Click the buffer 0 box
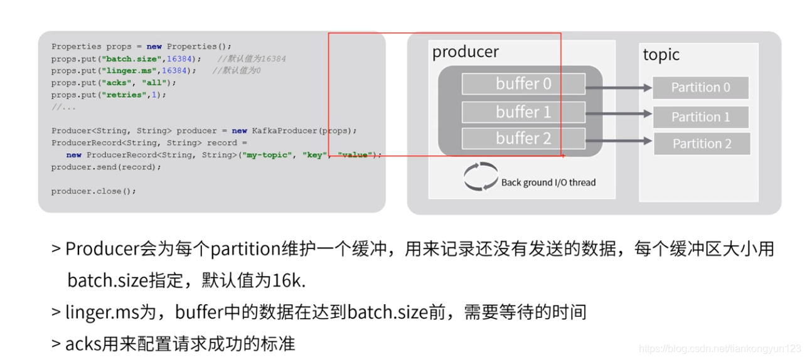click(x=523, y=84)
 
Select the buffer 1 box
click(x=523, y=112)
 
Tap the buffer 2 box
click(x=523, y=139)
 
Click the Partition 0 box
click(x=700, y=88)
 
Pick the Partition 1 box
click(x=700, y=117)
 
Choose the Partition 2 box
click(x=702, y=144)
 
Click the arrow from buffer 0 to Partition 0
click(x=619, y=88)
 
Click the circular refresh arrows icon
click(x=481, y=177)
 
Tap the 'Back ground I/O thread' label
click(x=548, y=183)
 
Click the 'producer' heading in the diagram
click(x=466, y=52)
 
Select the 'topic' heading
click(x=661, y=55)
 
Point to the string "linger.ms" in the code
click(x=131, y=71)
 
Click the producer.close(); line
click(x=94, y=191)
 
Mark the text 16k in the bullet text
click(x=289, y=280)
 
